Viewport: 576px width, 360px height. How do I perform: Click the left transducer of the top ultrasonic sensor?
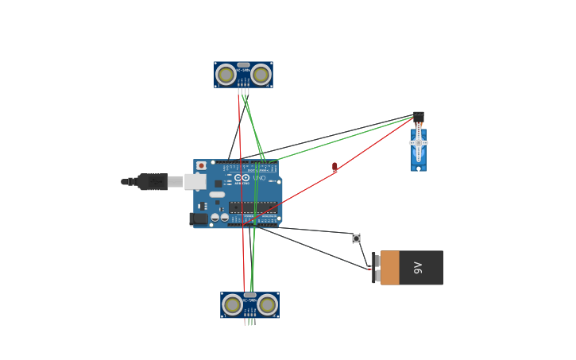pos(226,75)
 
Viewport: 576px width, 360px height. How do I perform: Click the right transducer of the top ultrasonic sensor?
pos(261,75)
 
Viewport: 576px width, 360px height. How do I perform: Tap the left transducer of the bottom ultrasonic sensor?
pos(232,305)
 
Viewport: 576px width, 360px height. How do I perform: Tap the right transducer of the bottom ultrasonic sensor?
pos(268,305)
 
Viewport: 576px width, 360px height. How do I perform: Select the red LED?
pos(334,167)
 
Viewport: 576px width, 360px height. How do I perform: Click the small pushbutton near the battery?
pos(356,238)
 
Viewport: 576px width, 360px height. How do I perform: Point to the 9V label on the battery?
pos(418,268)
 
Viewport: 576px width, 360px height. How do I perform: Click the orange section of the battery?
pos(390,268)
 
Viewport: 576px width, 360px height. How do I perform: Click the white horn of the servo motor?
pos(419,142)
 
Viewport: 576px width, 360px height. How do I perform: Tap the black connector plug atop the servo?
pos(418,117)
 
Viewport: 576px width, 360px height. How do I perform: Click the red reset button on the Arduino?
pos(201,166)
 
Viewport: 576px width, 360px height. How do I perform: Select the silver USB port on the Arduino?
pos(195,182)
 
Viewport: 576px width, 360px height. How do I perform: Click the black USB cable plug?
pos(152,182)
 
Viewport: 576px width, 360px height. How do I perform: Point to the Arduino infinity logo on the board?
pos(241,178)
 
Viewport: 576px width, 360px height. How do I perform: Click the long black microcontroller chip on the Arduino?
pos(253,207)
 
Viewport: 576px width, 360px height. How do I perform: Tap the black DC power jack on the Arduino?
pos(199,219)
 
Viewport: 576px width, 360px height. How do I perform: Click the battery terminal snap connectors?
pos(376,268)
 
